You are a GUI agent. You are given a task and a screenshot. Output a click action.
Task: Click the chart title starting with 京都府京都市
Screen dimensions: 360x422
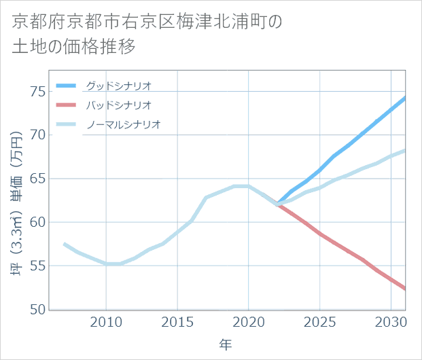point(146,34)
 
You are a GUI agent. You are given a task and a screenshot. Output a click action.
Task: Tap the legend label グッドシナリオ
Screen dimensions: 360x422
point(118,86)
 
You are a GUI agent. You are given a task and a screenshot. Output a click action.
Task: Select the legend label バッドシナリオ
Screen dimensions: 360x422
point(118,105)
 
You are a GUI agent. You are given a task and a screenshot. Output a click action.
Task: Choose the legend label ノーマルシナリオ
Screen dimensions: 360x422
point(123,125)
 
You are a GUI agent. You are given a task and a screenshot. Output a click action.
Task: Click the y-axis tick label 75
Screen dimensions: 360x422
point(37,91)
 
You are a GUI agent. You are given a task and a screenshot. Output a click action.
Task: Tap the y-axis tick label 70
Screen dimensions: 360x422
point(37,134)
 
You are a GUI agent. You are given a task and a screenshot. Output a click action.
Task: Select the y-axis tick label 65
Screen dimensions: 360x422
point(37,179)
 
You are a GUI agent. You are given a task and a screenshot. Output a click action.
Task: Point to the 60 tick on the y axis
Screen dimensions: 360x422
point(37,222)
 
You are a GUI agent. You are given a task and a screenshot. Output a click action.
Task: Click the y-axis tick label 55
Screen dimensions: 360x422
point(37,266)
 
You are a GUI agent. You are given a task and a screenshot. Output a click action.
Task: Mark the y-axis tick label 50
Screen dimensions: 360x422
point(37,309)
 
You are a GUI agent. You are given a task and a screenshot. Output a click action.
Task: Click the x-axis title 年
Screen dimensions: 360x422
point(226,345)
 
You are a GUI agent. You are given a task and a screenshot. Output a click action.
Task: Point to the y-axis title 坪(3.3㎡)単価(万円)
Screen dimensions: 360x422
point(16,200)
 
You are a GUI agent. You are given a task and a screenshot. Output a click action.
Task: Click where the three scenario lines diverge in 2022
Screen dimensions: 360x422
point(277,204)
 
